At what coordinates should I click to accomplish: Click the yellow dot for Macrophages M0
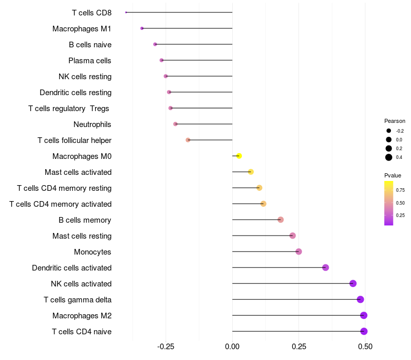click(239, 156)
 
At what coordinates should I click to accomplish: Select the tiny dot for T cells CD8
click(126, 12)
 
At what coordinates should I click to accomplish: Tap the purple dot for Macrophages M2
click(364, 315)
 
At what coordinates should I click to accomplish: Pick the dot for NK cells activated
click(353, 283)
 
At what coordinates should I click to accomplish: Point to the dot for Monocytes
click(298, 251)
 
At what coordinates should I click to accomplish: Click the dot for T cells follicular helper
click(188, 140)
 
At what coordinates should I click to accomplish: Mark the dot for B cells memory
click(281, 220)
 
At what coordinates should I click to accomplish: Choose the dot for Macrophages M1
click(142, 28)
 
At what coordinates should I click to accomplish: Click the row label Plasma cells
click(89, 61)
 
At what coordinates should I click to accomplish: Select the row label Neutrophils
click(92, 124)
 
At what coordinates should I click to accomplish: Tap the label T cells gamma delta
click(78, 300)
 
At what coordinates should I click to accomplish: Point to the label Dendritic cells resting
click(76, 93)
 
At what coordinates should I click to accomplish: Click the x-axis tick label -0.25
click(165, 347)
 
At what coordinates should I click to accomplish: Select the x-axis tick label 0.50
click(365, 347)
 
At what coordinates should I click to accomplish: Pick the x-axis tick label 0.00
click(232, 347)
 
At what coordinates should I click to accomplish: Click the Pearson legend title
click(395, 121)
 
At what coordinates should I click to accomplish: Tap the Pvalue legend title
click(393, 175)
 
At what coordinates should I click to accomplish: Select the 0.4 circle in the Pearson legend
click(389, 157)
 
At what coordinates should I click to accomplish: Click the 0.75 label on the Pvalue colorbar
click(400, 190)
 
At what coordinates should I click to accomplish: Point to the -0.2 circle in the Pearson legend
click(389, 131)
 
